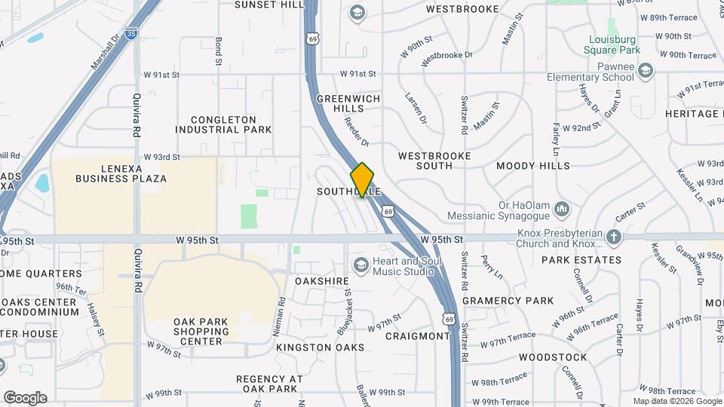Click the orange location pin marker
(362, 180)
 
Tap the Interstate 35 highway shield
(133, 34)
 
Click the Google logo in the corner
(24, 398)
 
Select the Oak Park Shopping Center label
(200, 331)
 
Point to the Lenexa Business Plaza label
(121, 173)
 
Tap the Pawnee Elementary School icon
(645, 72)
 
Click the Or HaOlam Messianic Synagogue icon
(561, 208)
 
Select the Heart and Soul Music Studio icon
(360, 265)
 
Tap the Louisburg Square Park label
(612, 44)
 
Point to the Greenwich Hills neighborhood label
(348, 103)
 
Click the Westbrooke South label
(434, 161)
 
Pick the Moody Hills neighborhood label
(533, 165)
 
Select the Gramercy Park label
(508, 300)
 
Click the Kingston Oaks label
(320, 347)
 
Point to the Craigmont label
(417, 335)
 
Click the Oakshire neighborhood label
(322, 281)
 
